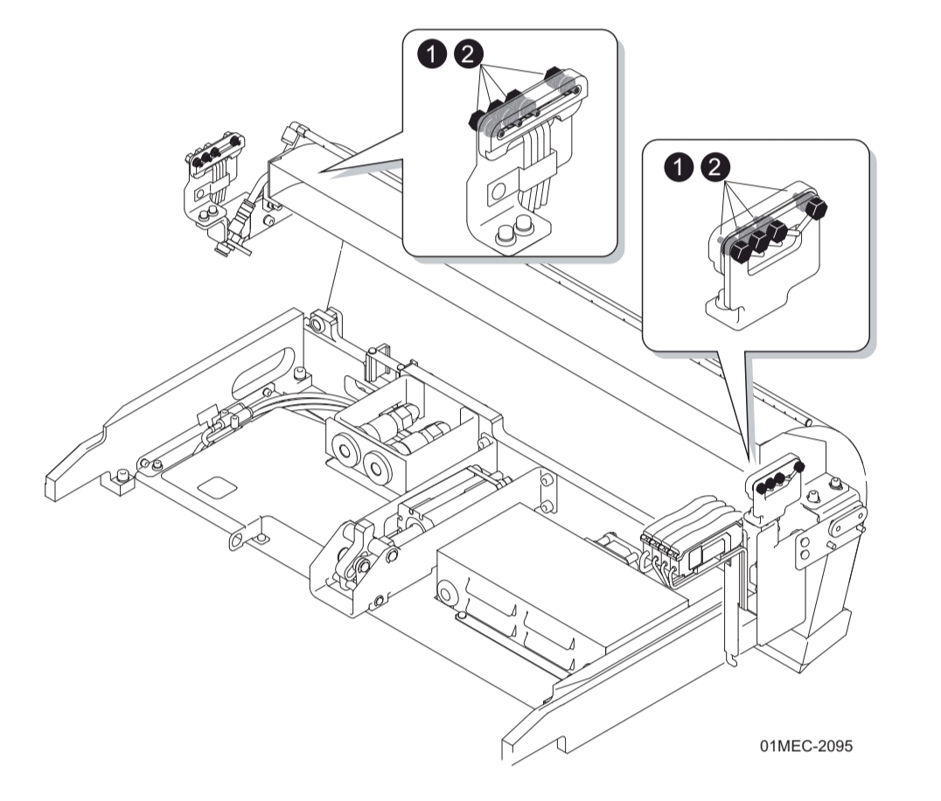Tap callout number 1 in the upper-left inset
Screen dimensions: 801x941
(429, 54)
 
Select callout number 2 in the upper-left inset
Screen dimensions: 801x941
(468, 54)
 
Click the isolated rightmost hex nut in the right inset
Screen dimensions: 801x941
(819, 208)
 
